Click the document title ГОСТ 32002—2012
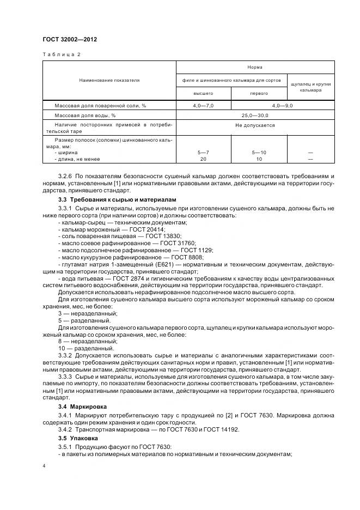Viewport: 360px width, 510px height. pos(70,39)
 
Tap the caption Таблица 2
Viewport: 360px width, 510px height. pos(61,54)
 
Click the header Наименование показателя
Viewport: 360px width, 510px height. pos(109,80)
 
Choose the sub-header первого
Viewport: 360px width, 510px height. pos(259,93)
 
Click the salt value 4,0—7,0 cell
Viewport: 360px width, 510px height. pos(203,105)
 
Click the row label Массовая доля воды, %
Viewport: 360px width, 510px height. pos(85,116)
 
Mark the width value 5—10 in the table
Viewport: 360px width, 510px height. pos(259,153)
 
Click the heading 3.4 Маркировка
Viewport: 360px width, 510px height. pos(82,406)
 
